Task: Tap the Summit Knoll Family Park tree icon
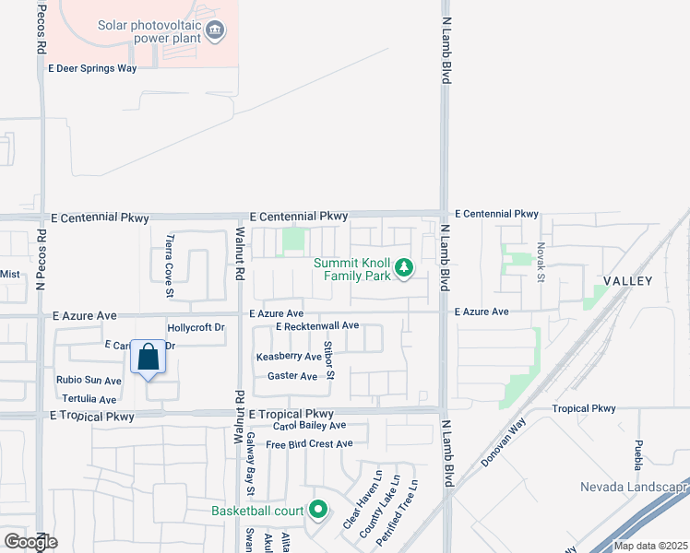[403, 268]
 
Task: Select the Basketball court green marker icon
[318, 510]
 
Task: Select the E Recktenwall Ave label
[316, 325]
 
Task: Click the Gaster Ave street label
[291, 376]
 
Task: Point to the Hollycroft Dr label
[196, 327]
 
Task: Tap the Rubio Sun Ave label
[89, 381]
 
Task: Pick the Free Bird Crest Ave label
[309, 443]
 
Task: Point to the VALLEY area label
[628, 280]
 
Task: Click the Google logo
[30, 541]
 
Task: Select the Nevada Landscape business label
[634, 487]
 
